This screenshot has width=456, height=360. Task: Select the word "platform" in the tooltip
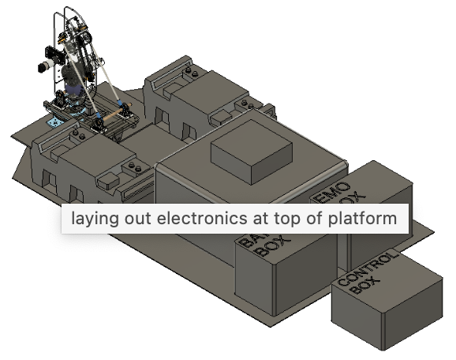(365, 218)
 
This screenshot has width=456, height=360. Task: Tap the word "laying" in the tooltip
(92, 218)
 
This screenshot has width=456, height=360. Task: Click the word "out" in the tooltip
(137, 218)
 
